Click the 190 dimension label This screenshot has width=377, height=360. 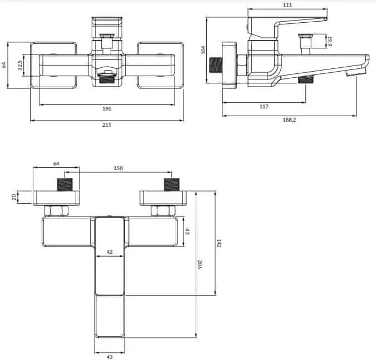pos(107,108)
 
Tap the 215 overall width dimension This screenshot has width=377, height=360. pos(107,124)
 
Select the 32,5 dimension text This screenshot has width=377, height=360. pos(20,65)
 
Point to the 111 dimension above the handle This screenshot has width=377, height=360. pos(287,5)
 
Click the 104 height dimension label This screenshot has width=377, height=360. pos(203,49)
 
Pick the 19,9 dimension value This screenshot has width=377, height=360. pos(330,41)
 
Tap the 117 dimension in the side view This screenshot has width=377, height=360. pos(264,107)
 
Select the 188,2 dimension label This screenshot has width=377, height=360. pos(289,119)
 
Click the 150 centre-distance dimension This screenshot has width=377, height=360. pos(118,168)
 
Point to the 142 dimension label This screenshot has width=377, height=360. pos(219,243)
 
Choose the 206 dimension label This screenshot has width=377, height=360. pos(200,264)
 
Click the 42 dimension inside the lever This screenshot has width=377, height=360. pos(110,252)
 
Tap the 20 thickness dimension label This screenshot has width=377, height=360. pos(14,197)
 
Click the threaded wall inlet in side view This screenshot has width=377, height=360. pos(215,65)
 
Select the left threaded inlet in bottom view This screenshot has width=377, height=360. pos(65,184)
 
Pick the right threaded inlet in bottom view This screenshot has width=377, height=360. pos(171,184)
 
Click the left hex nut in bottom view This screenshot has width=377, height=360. pos(56,211)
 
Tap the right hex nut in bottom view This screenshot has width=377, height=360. pos(163,211)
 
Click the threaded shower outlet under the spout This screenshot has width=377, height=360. pos(306,79)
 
